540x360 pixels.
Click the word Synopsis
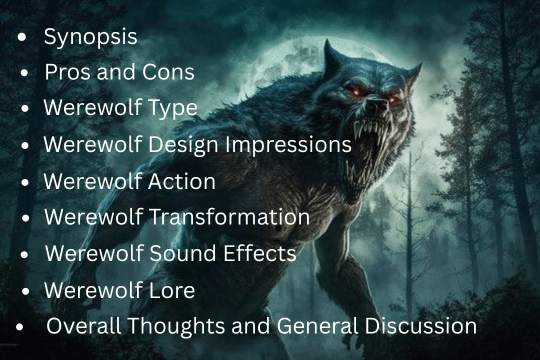pos(90,38)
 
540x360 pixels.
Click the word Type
pos(170,109)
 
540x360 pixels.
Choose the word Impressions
pos(295,145)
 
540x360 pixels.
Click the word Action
pos(180,182)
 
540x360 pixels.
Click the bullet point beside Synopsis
pos(21,39)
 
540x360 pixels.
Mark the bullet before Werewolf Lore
pos(24,291)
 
